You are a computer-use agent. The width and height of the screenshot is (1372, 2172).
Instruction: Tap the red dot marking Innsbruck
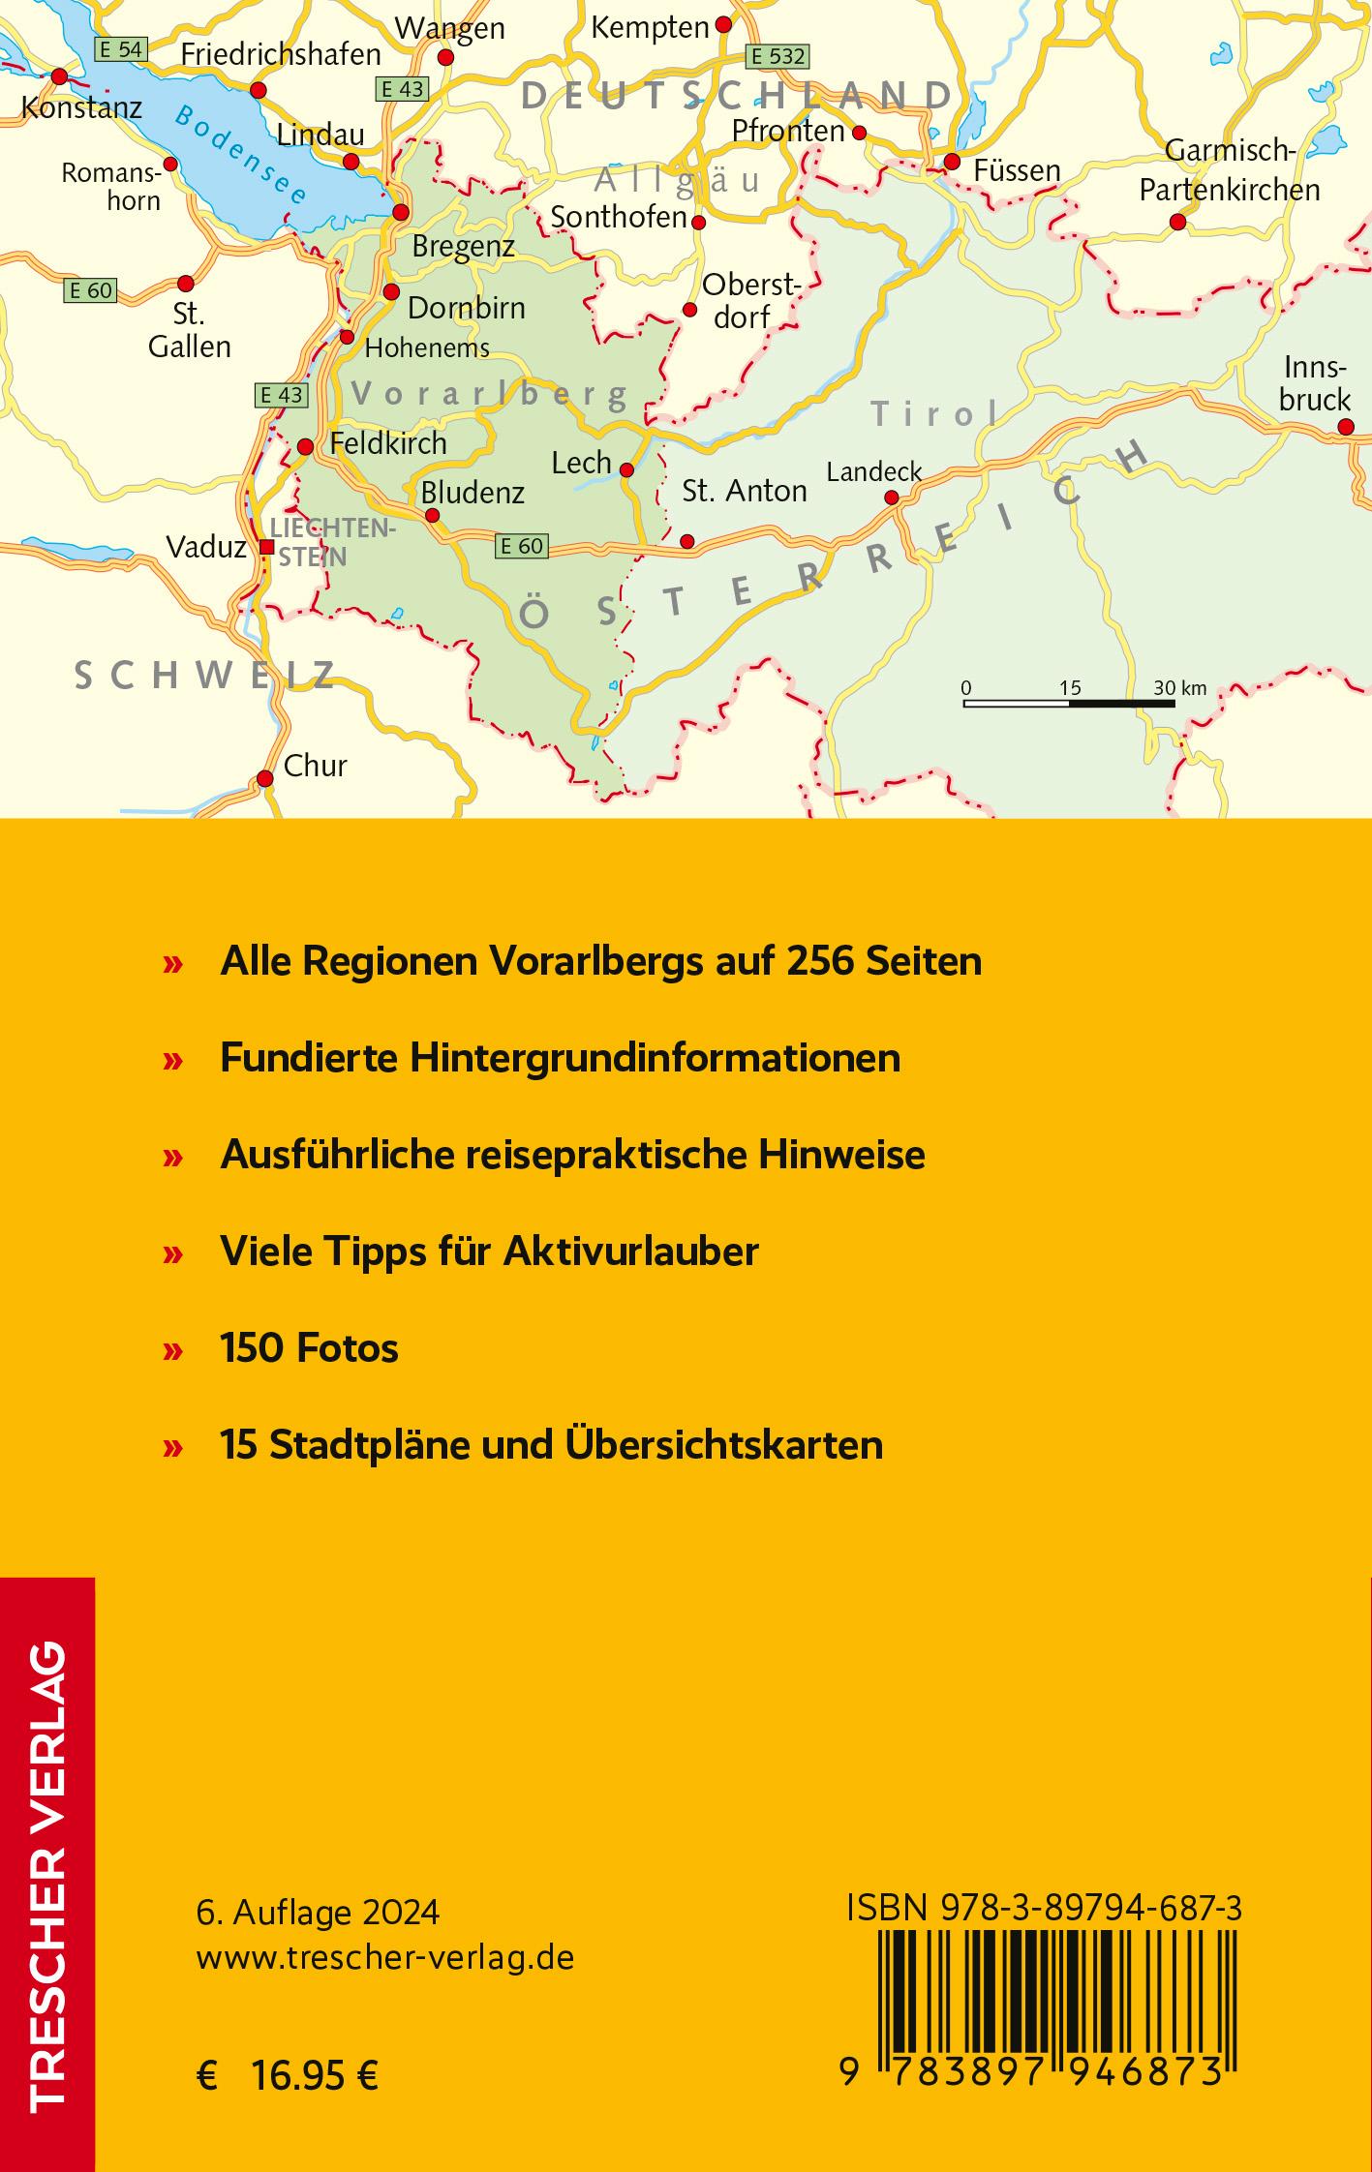1345,427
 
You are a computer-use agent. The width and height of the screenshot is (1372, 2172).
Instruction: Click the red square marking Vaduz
267,547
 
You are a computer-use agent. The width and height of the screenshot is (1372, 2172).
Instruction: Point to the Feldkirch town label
388,443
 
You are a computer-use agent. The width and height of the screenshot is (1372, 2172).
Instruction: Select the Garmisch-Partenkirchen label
1230,170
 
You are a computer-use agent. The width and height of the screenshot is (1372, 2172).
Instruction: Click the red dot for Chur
264,778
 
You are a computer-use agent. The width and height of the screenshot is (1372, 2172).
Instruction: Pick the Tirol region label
935,414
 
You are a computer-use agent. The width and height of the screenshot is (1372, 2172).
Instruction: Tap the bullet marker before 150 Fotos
173,1350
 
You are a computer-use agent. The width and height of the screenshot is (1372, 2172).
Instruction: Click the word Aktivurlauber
630,1252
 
